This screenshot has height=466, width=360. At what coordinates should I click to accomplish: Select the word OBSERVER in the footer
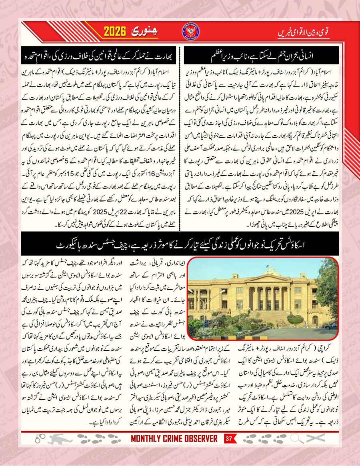tap(200, 439)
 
